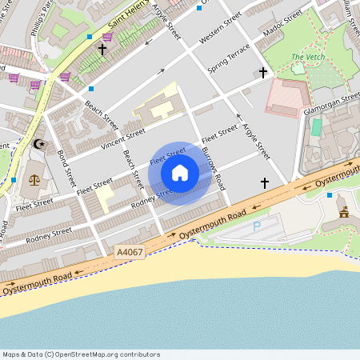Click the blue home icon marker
180,173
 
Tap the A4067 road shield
130,252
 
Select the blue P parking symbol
257,226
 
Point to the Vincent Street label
122,138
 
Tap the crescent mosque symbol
38,145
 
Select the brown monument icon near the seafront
344,212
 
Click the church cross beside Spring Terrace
262,73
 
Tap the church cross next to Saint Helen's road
102,50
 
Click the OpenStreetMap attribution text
80,354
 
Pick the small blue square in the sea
330,351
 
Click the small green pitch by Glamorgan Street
317,126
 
